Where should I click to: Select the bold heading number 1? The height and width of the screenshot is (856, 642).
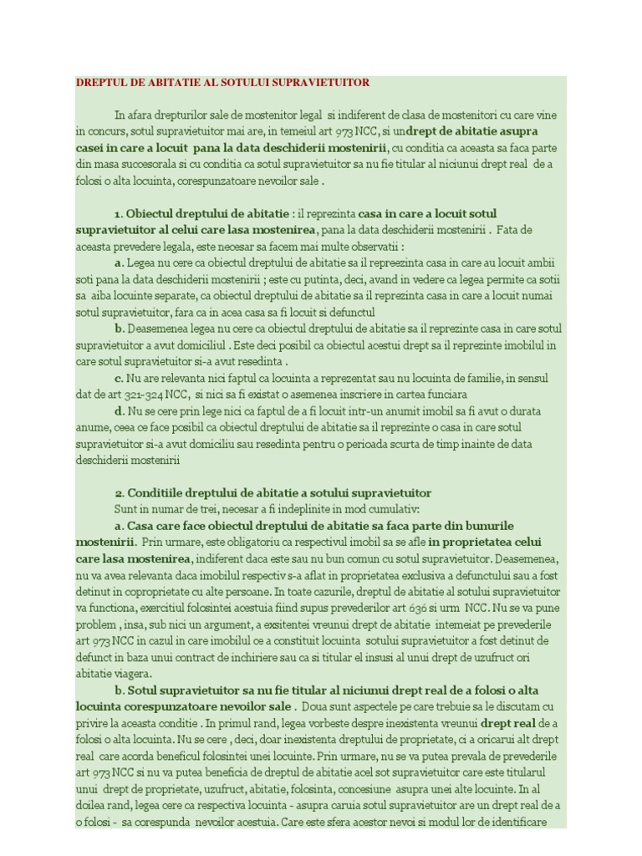click(x=118, y=213)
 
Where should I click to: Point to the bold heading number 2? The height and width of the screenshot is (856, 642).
click(x=119, y=492)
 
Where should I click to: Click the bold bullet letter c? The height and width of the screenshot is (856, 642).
click(x=120, y=377)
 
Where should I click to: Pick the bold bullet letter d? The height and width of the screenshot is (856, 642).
click(x=120, y=411)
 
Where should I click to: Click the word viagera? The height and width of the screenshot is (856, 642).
click(x=130, y=673)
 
